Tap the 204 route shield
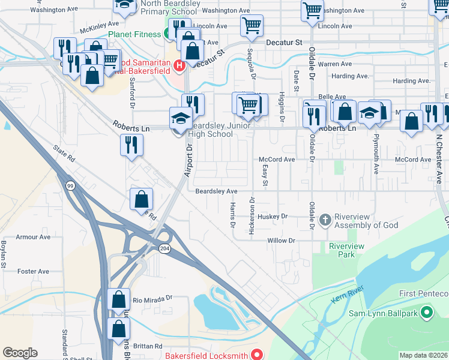164,248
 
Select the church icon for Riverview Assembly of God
325,220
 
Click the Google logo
20,353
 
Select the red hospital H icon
178,65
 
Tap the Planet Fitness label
134,34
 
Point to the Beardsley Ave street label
217,191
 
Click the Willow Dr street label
282,241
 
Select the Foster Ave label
34,271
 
